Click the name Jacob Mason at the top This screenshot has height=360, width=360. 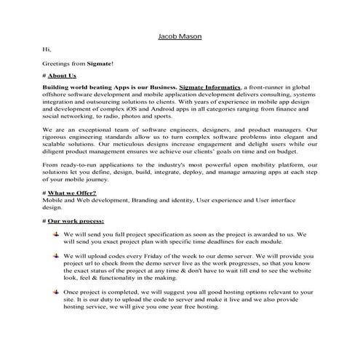[180, 34]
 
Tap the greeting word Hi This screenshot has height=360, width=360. [47, 49]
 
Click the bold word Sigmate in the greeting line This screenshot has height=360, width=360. [101, 64]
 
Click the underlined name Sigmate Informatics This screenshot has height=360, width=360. [210, 87]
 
